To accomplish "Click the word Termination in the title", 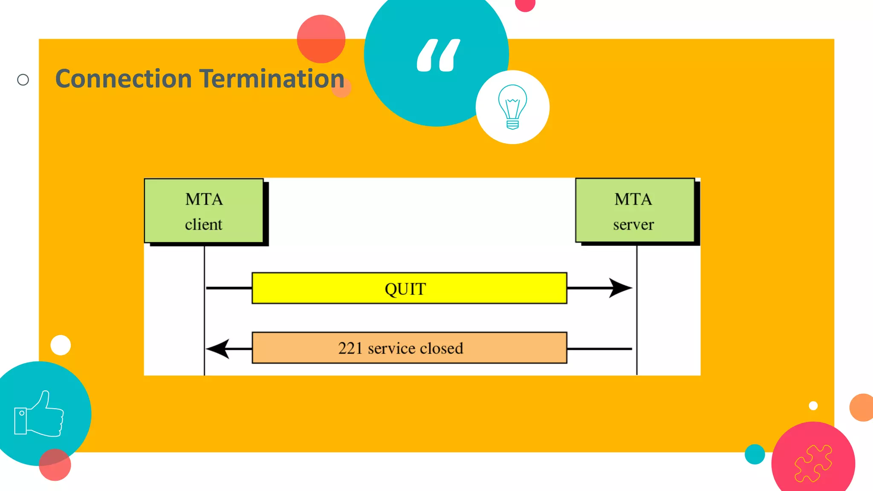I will tap(272, 79).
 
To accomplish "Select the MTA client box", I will tap(204, 211).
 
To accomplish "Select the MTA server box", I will tap(635, 211).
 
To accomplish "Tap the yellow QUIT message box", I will tap(409, 288).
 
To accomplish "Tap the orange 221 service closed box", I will tap(409, 348).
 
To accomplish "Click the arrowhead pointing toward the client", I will tap(218, 349).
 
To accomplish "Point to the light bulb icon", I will tap(512, 107).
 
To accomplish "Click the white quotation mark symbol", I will tap(438, 55).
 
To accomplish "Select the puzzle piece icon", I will tap(813, 463).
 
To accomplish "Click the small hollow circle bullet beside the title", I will tap(23, 80).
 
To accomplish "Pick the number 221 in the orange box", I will tap(350, 348).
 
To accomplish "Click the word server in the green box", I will tap(633, 225).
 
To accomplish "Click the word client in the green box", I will tap(203, 224).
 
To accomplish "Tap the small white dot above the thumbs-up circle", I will tap(61, 345).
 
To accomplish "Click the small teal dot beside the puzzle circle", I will tap(754, 454).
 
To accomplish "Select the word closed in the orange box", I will tap(440, 348).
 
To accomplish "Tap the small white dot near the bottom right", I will tap(813, 405).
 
